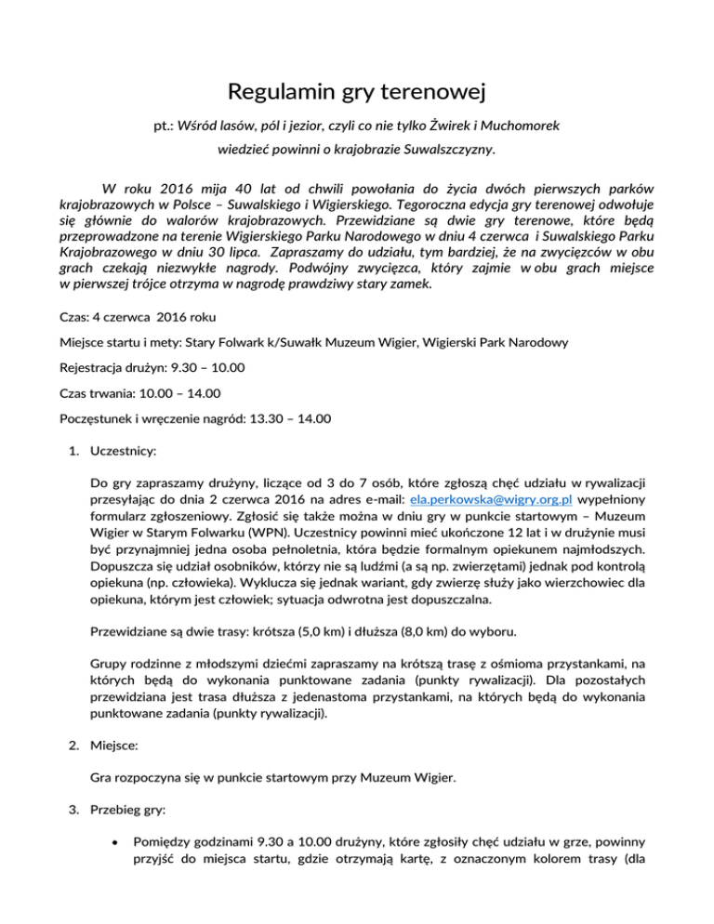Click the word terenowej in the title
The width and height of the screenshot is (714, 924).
coord(435,94)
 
